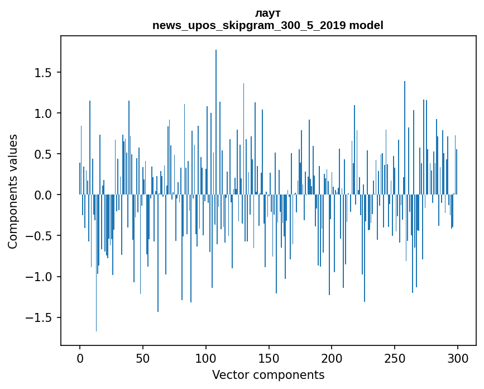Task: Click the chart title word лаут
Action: click(267, 13)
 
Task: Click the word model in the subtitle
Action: click(366, 26)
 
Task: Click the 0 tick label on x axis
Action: click(80, 357)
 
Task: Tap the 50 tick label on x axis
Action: click(143, 357)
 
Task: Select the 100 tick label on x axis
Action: click(206, 357)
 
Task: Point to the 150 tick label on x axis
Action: click(269, 357)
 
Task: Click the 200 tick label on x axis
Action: click(332, 357)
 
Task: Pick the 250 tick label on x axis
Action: click(395, 357)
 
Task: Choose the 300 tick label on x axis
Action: click(458, 357)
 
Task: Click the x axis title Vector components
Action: click(268, 374)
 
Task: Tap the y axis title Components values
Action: click(13, 191)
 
